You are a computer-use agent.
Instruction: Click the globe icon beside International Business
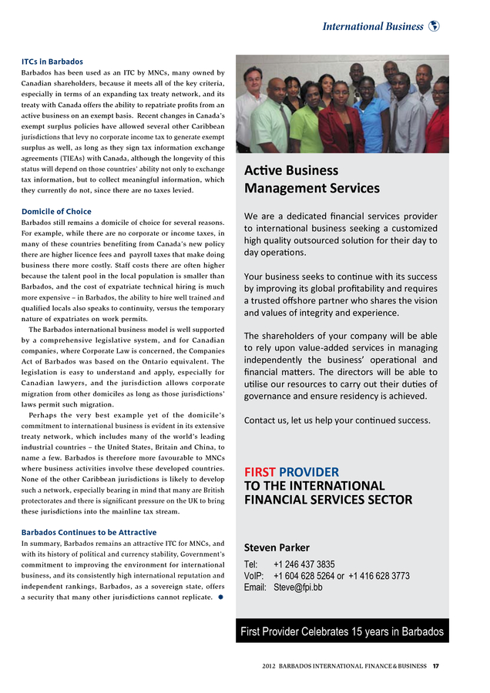[435, 26]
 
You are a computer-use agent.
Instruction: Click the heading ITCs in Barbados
[52, 62]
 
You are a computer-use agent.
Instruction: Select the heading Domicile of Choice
[56, 211]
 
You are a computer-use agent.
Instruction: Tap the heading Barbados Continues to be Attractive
[89, 532]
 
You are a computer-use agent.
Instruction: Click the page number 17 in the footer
[436, 666]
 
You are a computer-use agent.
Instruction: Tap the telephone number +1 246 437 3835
[304, 564]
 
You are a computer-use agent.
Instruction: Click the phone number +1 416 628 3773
[379, 575]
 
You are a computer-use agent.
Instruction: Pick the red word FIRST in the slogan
[260, 471]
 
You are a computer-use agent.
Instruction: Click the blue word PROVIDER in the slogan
[309, 471]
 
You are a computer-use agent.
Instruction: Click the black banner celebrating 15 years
[342, 631]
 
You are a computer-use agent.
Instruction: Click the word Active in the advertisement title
[263, 170]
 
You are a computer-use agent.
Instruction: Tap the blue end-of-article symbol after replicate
[220, 597]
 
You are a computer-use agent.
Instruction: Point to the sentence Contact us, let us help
[337, 420]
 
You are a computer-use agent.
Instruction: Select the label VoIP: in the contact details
[254, 575]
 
